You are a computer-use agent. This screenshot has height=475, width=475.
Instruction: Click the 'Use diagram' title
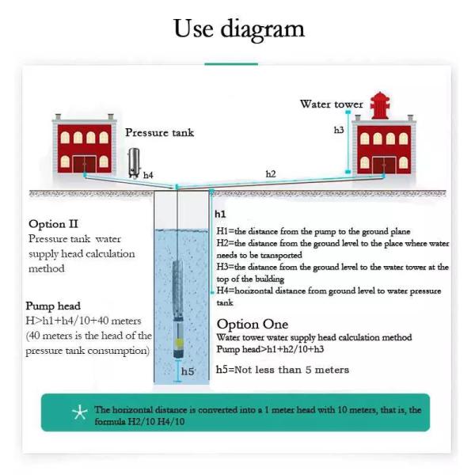pos(239,29)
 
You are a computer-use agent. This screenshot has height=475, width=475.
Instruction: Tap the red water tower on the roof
pos(380,105)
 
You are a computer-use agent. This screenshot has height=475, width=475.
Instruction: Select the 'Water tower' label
pos(332,104)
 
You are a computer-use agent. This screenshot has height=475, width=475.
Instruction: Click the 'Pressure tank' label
pos(159,133)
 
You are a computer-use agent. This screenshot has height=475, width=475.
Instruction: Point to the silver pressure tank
pos(134,163)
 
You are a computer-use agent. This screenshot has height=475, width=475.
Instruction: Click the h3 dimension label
pos(339,130)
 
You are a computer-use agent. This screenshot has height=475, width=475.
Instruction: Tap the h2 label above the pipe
pos(271,174)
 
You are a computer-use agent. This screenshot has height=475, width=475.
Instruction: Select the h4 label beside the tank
pos(148,175)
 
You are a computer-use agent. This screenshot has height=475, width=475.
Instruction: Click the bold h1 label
pos(220,215)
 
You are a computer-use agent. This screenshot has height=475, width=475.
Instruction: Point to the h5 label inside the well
pos(188,371)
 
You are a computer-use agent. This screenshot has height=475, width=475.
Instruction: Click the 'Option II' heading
pos(53,224)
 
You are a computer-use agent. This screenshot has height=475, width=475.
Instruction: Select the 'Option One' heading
pos(253,325)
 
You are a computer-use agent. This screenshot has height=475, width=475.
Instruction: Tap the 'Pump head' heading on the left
pos(53,306)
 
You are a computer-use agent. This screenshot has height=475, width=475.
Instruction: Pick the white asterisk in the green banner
pos(80,412)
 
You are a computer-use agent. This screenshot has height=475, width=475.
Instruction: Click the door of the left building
pos(84,164)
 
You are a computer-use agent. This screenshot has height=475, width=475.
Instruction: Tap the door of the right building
pos(384,165)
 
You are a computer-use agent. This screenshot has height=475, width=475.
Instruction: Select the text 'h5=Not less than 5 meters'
pos(283,370)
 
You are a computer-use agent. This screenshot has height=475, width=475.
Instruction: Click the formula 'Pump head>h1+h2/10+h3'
pos(270,349)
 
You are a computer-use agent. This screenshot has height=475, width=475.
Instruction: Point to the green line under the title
pos(231,64)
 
